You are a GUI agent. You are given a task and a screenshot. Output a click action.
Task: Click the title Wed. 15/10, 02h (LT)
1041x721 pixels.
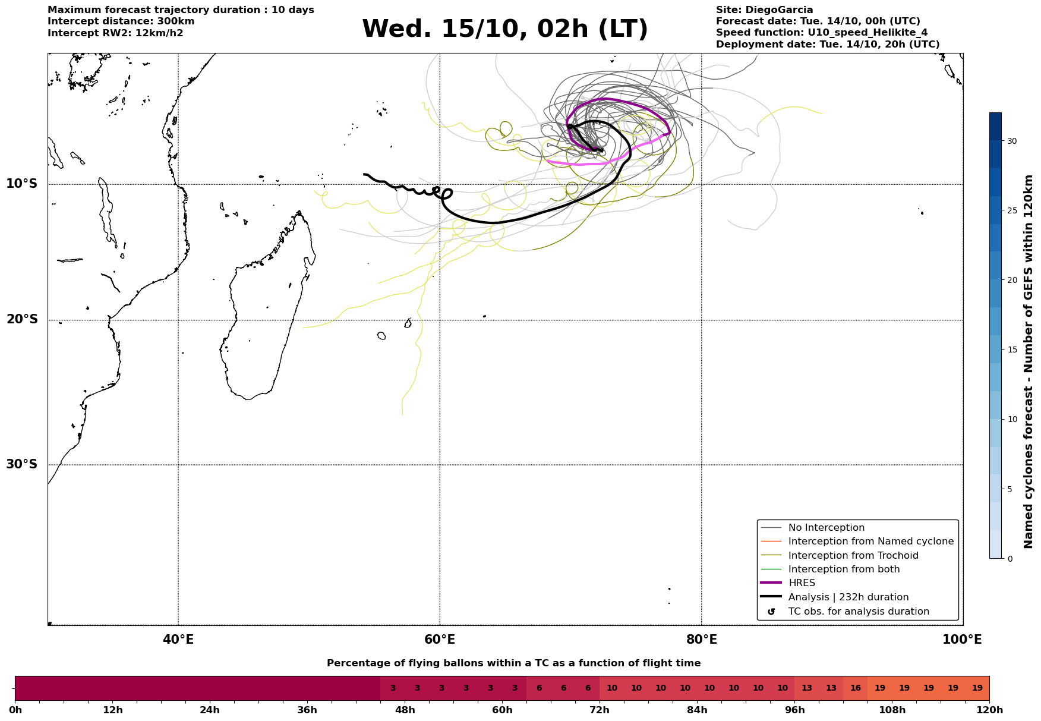pyautogui.click(x=504, y=29)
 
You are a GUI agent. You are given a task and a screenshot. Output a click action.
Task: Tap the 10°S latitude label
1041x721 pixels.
pyautogui.click(x=22, y=184)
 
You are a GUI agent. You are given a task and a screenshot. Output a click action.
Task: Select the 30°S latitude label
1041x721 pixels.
pyautogui.click(x=22, y=464)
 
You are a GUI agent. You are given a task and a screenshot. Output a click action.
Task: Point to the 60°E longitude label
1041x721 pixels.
pyautogui.click(x=440, y=640)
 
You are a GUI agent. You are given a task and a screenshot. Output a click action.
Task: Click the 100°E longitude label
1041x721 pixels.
pyautogui.click(x=962, y=640)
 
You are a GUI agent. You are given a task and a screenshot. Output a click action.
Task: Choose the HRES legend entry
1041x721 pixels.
pyautogui.click(x=802, y=583)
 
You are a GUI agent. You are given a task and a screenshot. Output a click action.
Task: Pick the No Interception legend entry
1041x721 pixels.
pyautogui.click(x=826, y=528)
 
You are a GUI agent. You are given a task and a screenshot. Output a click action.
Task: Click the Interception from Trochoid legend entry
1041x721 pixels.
pyautogui.click(x=853, y=556)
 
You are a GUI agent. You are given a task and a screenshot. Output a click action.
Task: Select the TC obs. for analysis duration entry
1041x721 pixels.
pyautogui.click(x=858, y=612)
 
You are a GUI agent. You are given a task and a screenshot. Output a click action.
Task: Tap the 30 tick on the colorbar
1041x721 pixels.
pyautogui.click(x=1011, y=141)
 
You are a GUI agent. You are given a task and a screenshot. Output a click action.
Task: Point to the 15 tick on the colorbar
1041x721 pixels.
pyautogui.click(x=1011, y=350)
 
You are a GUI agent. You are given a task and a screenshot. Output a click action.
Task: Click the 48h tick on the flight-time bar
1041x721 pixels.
pyautogui.click(x=405, y=710)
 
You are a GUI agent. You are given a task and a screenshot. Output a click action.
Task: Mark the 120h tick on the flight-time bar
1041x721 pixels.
pyautogui.click(x=989, y=710)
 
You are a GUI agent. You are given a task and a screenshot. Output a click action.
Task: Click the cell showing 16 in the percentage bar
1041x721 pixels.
pyautogui.click(x=855, y=688)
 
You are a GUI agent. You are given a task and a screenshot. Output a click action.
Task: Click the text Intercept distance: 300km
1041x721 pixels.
pyautogui.click(x=121, y=21)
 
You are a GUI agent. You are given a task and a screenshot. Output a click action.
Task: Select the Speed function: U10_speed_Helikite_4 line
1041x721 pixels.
pyautogui.click(x=821, y=33)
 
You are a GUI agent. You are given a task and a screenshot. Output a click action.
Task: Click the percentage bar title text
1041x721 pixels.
pyautogui.click(x=513, y=663)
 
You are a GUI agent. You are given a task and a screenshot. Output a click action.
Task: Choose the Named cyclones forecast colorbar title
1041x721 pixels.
pyautogui.click(x=1029, y=361)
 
